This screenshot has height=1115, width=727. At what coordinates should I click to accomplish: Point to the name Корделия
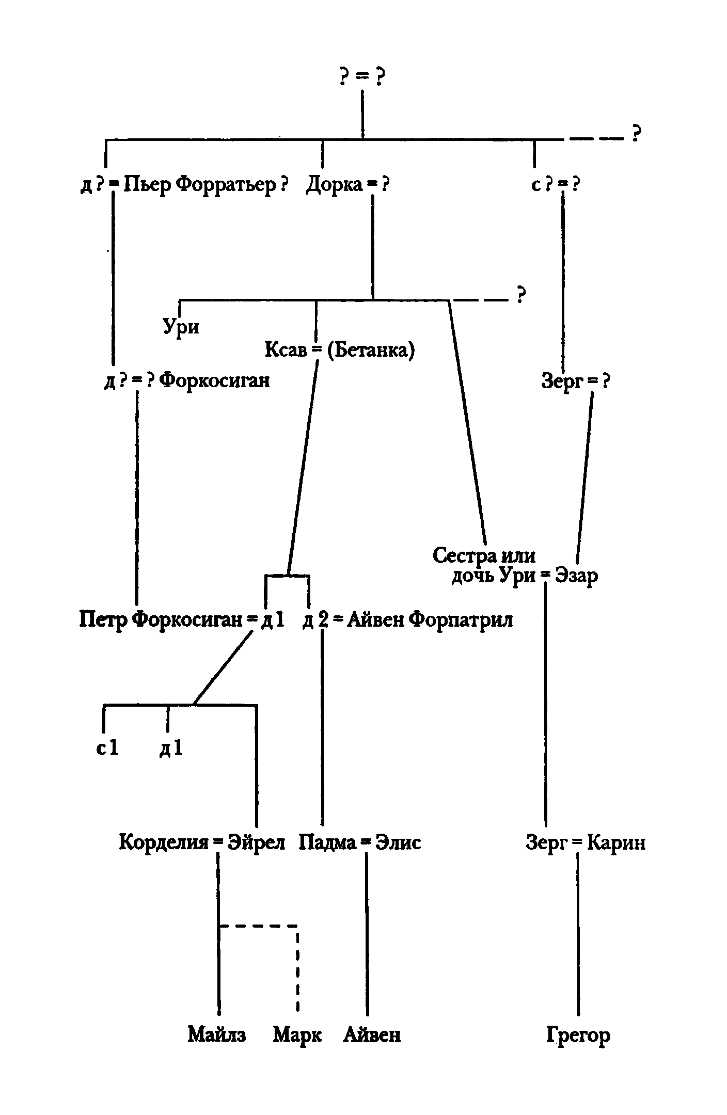tap(164, 842)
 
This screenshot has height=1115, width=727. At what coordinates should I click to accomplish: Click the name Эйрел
tap(256, 842)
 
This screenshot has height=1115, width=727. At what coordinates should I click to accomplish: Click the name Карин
tap(617, 842)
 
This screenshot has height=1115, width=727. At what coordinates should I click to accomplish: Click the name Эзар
tap(576, 575)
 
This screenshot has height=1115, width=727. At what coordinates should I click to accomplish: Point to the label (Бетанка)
tap(370, 351)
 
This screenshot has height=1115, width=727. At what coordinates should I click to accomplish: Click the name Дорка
tap(335, 184)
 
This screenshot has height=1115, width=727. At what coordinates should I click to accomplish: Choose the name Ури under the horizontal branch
tap(181, 327)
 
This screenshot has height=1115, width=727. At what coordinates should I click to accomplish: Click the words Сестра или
tap(484, 555)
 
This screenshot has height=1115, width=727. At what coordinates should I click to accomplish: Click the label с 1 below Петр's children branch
tap(107, 748)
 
